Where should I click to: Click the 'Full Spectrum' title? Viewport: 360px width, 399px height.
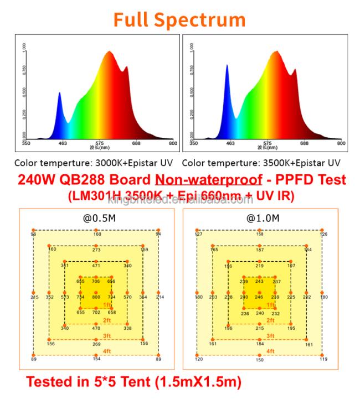(179, 20)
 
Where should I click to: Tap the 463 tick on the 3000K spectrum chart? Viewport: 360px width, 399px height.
(63, 143)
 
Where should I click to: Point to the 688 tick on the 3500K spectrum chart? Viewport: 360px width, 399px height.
(304, 143)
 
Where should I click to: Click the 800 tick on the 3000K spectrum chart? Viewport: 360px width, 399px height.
(173, 143)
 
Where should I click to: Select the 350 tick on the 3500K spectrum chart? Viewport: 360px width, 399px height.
(193, 143)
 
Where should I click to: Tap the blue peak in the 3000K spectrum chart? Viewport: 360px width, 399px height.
(60, 94)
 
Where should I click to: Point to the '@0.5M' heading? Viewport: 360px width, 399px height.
(96, 218)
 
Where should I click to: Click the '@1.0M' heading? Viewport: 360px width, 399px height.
(259, 218)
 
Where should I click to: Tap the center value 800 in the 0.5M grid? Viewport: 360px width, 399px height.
(96, 297)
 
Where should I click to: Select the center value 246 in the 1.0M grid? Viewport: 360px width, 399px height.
(259, 297)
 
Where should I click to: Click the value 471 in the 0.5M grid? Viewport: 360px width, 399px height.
(96, 266)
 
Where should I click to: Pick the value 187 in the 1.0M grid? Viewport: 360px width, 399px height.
(259, 250)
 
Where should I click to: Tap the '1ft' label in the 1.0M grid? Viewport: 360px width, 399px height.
(270, 305)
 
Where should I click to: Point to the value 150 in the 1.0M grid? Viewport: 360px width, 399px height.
(259, 360)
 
